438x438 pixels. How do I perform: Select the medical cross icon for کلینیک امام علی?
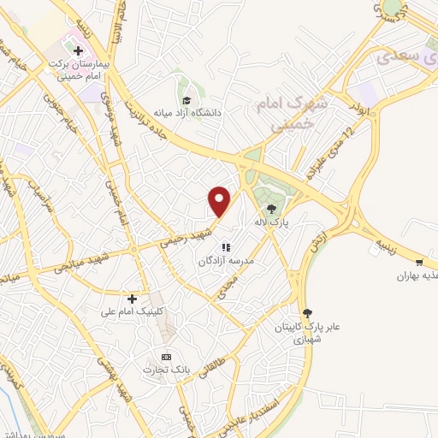[x=132, y=299]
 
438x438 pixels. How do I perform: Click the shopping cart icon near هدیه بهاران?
[x=419, y=262]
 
